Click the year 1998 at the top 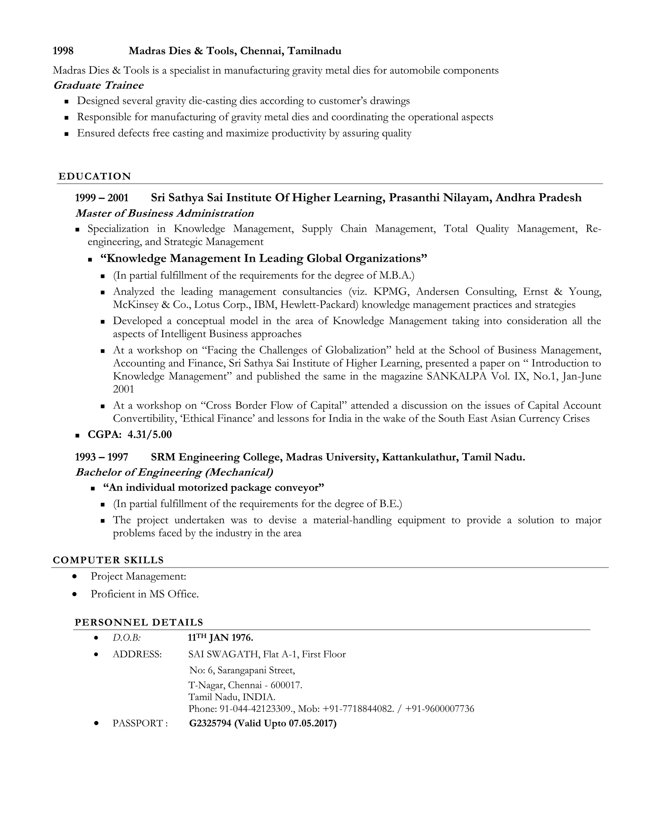pos(63,51)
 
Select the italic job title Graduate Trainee pos(99,85)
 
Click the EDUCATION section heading pos(95,176)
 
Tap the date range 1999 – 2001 pos(102,198)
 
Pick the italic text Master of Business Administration pos(165,213)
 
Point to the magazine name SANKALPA pos(457,376)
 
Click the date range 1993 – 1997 pos(102,457)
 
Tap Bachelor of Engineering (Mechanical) pos(174,472)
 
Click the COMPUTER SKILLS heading pos(108,560)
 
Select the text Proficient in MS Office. pos(145,594)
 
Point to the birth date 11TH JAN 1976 pos(220,638)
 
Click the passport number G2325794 pos(210,723)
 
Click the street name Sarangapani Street pos(256,670)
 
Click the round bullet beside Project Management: pos(75,576)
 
